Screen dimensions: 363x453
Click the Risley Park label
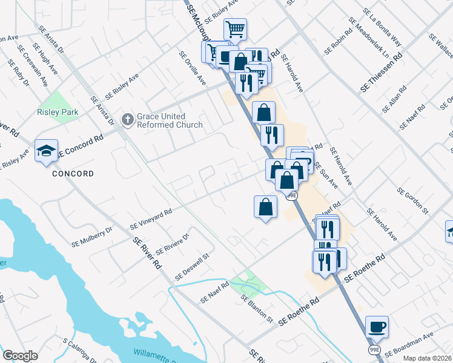[x=58, y=112]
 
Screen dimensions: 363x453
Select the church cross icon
[x=127, y=119]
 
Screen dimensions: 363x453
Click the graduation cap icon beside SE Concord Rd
[x=45, y=151]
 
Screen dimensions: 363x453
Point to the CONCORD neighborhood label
[x=73, y=174]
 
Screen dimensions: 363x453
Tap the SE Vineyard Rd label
[x=151, y=219]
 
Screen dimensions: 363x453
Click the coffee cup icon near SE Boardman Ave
[x=377, y=327]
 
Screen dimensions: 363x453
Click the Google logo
[x=20, y=356]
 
